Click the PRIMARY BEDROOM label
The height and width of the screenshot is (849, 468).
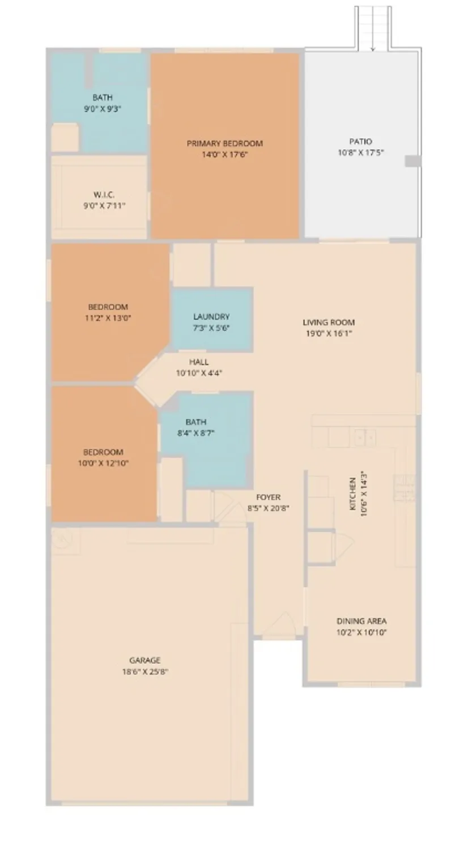coord(225,143)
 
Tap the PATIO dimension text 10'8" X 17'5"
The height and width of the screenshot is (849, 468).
coord(360,152)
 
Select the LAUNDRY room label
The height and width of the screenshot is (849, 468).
coord(211,317)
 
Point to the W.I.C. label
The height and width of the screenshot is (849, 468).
coord(104,195)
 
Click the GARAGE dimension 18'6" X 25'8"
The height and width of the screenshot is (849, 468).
coord(145,672)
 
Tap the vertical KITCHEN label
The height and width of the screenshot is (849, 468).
coord(353,494)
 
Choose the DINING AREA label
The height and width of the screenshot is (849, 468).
coord(361,621)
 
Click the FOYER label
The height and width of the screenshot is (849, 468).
coord(268,498)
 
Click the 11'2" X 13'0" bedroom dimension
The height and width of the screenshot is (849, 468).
coord(108,318)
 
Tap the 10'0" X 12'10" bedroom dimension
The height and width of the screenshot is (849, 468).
coord(103,463)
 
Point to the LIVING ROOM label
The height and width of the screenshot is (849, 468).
coord(329,323)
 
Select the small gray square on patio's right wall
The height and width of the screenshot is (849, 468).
coord(412,161)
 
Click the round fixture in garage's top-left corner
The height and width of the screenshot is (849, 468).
coord(60,539)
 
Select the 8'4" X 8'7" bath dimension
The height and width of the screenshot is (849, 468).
coord(195,433)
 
